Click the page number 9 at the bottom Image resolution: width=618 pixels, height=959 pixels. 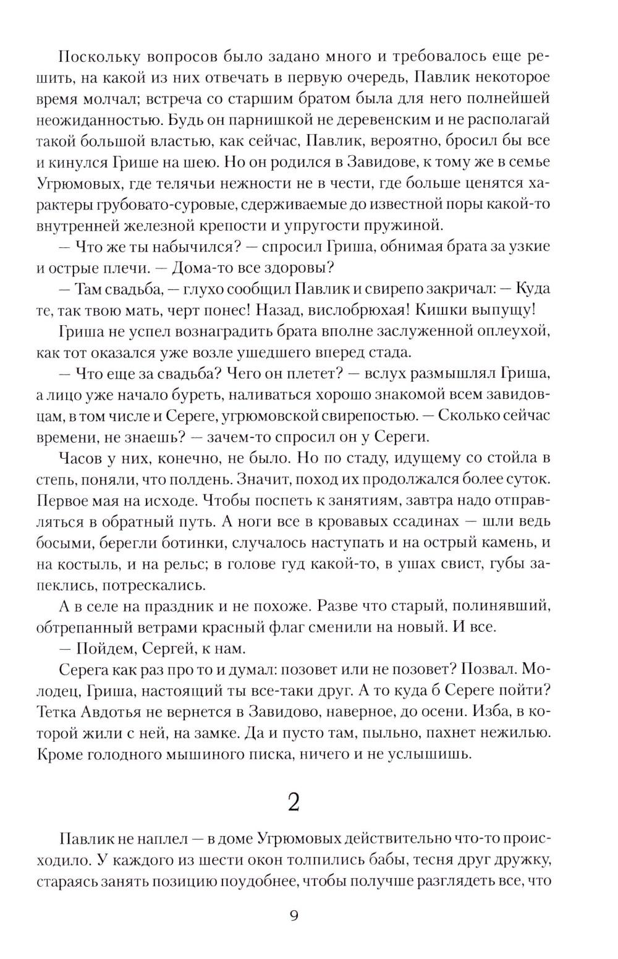point(294,915)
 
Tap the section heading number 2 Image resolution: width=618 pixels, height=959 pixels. point(294,803)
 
